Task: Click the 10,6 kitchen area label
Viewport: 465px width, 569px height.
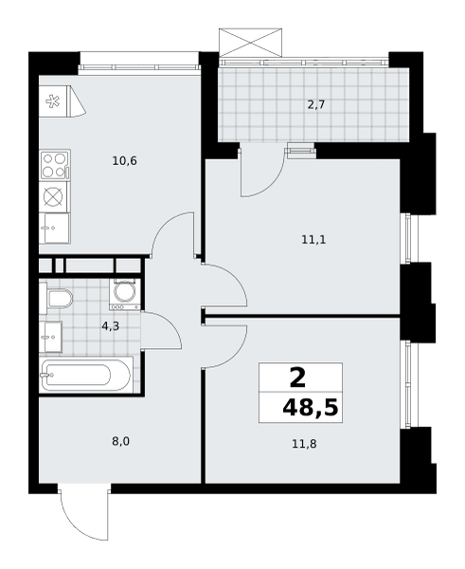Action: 124,161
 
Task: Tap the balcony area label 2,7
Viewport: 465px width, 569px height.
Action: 316,105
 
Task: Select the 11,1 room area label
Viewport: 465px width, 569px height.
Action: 313,240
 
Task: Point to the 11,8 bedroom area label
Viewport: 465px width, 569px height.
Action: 304,444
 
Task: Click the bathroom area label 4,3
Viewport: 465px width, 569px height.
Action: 110,326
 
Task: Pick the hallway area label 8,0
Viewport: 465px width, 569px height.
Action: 120,442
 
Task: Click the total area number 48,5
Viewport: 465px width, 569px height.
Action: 311,408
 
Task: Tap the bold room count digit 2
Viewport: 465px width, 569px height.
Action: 298,377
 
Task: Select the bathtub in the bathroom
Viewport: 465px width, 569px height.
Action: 85,375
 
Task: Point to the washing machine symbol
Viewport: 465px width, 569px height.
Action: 125,294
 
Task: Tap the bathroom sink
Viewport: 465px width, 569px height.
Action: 51,337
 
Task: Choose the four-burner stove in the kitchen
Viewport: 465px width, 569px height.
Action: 55,165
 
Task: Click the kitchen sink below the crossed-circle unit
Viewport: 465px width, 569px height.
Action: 54,229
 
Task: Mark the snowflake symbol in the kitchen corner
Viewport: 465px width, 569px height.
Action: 53,101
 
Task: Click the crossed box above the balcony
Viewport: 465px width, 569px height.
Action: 250,43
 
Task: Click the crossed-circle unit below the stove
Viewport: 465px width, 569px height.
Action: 53,196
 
